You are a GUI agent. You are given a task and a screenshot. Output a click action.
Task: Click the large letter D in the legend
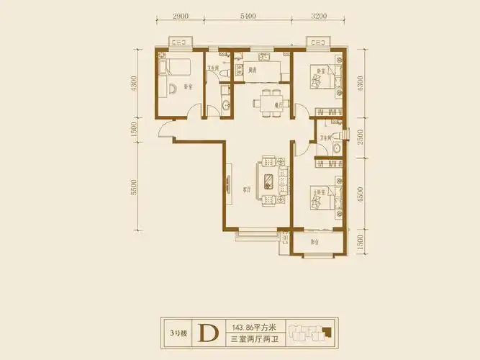208,333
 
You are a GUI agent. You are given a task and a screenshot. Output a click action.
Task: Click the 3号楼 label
177,333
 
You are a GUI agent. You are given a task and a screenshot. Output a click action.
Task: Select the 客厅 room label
245,189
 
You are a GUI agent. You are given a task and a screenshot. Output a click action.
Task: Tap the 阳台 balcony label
316,243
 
